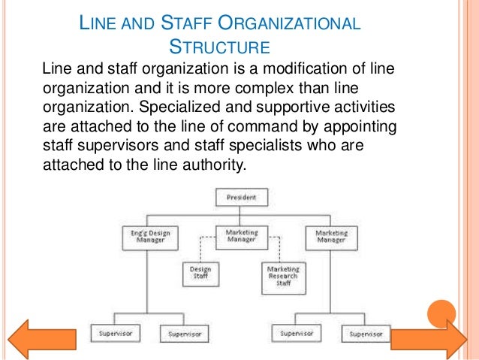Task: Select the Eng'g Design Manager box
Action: pos(146,237)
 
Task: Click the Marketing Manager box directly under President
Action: pos(242,237)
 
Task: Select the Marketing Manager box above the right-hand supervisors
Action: pos(330,237)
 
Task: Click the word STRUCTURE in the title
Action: pos(220,48)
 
